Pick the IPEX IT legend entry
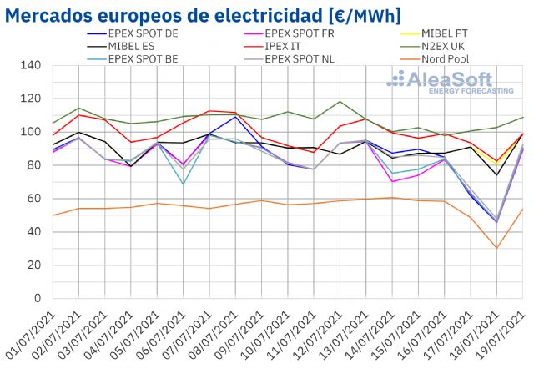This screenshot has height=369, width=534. [285, 46]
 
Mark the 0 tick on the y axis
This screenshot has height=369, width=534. [37, 298]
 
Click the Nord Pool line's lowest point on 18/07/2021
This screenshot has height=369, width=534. [497, 248]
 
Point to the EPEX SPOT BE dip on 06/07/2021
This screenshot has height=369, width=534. [183, 184]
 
